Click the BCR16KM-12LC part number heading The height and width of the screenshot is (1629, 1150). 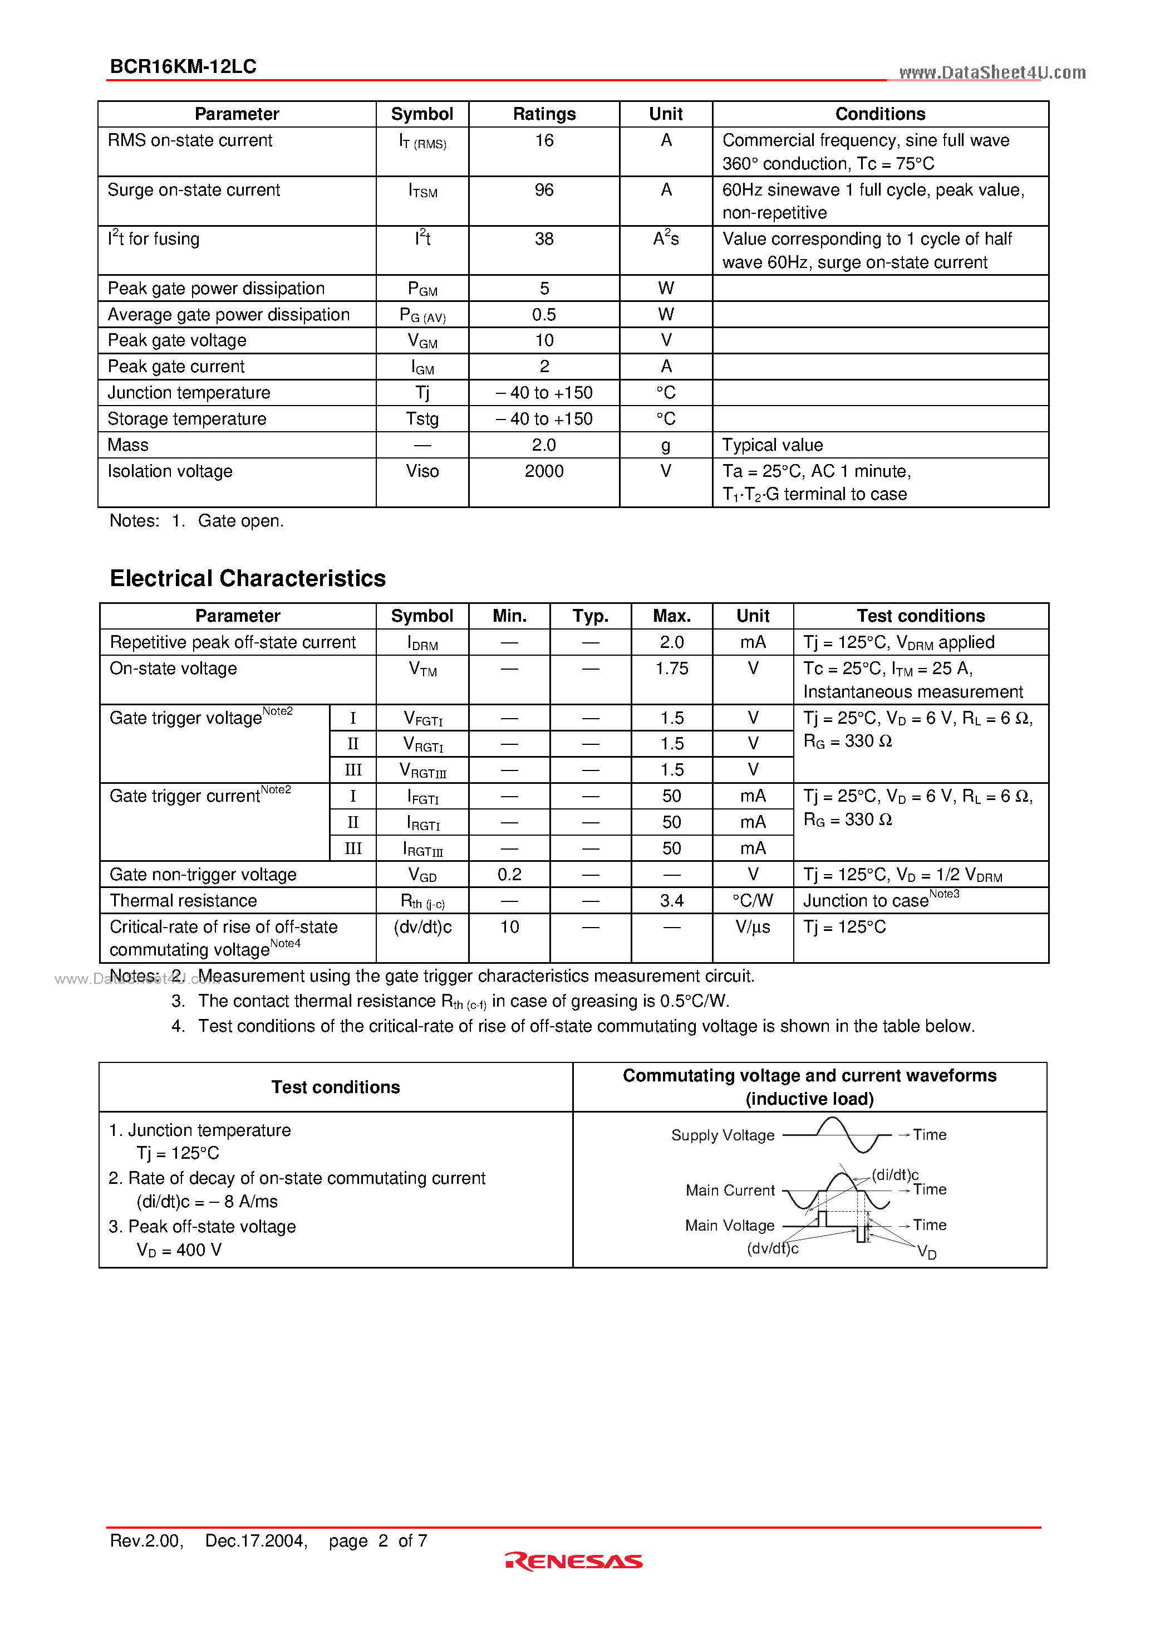coord(183,67)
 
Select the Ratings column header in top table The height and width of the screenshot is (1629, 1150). coord(544,114)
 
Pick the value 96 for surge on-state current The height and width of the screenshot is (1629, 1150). coord(544,190)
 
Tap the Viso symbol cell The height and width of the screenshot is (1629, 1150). coord(422,471)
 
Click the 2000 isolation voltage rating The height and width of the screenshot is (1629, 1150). coord(544,471)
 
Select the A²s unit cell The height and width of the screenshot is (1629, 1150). coord(666,239)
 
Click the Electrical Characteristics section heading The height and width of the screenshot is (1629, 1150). coord(248,578)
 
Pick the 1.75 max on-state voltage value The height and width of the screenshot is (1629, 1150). coord(671,669)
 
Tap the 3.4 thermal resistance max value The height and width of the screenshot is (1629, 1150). coord(671,901)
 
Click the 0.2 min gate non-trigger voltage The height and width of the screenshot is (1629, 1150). coord(509,875)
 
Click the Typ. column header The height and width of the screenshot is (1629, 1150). coord(590,616)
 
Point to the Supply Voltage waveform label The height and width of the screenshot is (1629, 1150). coord(723,1135)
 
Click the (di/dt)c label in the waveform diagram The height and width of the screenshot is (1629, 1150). coord(895,1175)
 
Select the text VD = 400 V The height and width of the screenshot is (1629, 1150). coord(179,1250)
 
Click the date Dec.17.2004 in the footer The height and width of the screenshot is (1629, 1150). coord(256,1541)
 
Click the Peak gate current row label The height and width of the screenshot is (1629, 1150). coord(176,367)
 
